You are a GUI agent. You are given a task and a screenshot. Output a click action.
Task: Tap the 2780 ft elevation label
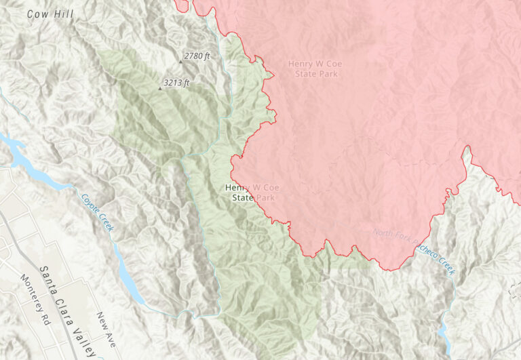197,56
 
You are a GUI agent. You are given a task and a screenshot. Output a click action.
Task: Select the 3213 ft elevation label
176,83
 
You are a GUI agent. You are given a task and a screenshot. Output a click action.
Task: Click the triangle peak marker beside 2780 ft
180,61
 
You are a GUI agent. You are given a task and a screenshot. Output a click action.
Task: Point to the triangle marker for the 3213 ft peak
160,88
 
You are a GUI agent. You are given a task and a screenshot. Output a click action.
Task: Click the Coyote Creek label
98,212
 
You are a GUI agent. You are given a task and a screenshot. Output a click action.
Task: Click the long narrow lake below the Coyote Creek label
130,274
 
